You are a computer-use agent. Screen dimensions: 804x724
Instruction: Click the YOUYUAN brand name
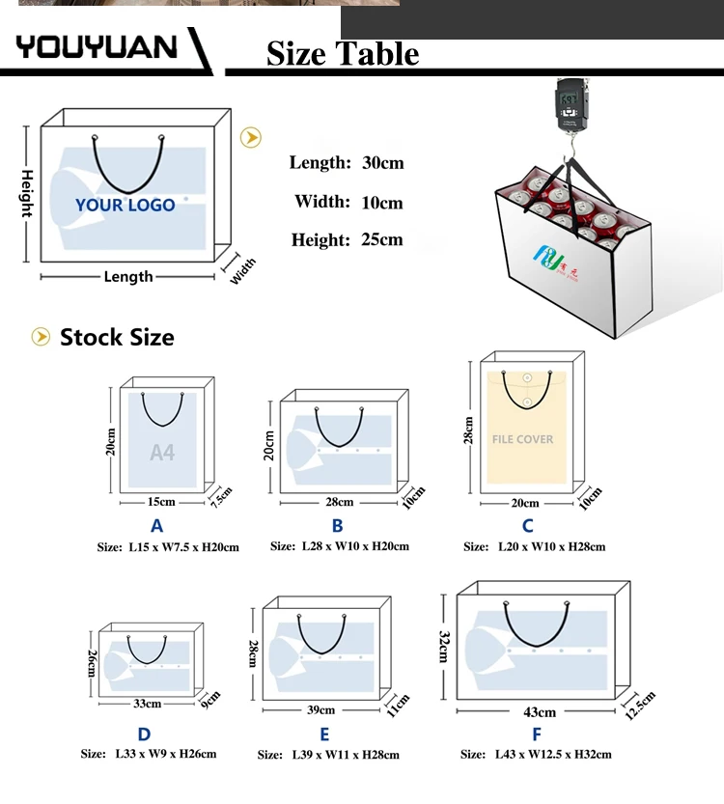click(97, 46)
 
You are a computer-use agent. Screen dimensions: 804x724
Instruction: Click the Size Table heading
click(343, 53)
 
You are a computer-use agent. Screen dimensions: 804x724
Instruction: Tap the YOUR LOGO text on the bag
click(125, 205)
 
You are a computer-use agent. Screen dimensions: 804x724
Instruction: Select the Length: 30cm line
click(347, 162)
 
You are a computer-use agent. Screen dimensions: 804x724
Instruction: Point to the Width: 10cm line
click(348, 202)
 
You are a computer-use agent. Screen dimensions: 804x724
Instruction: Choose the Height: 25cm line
click(347, 239)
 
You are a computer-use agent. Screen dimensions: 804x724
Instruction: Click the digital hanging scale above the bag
click(570, 106)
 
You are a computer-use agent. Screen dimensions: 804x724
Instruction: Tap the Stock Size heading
click(117, 337)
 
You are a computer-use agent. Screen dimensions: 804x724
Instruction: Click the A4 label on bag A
click(162, 452)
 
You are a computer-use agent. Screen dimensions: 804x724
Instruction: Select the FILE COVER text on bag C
click(522, 439)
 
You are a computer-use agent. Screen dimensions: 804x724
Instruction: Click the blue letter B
click(337, 526)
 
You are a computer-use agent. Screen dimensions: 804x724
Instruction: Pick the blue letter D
click(144, 735)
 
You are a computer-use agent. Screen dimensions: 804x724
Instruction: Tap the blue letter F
click(537, 735)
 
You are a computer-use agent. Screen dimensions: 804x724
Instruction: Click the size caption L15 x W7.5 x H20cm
click(167, 547)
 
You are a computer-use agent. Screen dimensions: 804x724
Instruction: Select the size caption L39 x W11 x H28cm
click(328, 755)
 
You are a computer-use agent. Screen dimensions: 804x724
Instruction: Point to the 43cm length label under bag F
click(540, 712)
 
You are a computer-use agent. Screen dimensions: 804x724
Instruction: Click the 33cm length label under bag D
click(148, 704)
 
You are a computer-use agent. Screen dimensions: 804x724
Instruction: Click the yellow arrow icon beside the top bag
click(251, 137)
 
